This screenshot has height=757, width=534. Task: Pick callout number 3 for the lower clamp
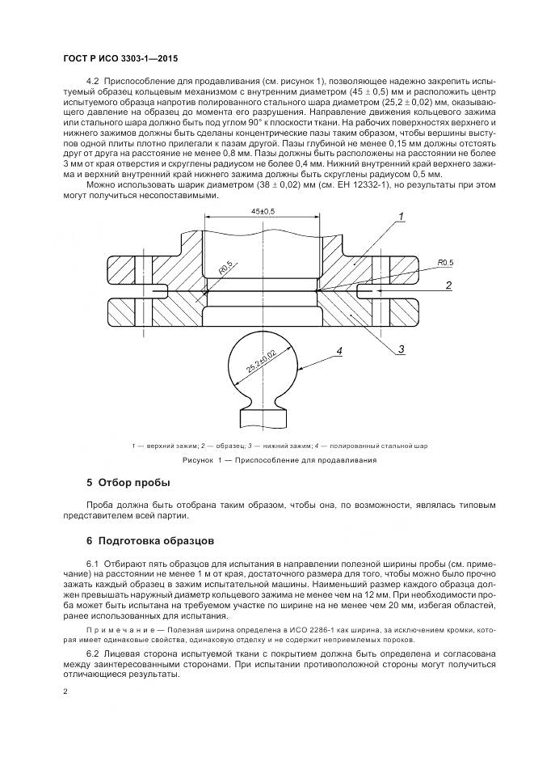[x=399, y=349]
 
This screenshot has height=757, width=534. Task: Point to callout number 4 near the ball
[x=339, y=350]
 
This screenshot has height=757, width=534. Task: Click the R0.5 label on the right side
[x=446, y=263]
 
